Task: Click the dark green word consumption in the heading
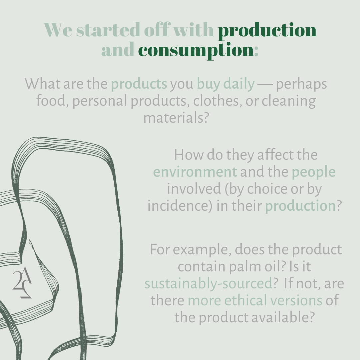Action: [x=196, y=50]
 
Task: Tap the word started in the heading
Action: [x=108, y=30]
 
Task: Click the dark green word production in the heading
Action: [x=267, y=31]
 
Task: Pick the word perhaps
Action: [x=301, y=84]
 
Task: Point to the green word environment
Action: [x=195, y=172]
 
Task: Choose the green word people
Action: [x=313, y=173]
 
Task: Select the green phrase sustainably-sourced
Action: [x=208, y=284]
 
